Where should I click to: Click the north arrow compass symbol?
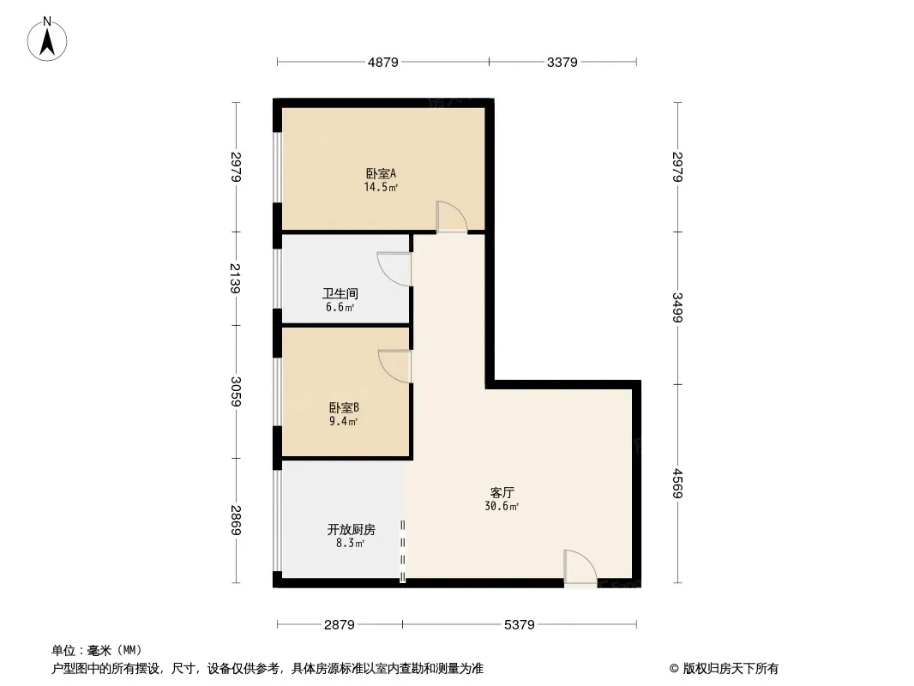point(47,39)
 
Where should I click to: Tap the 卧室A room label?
point(382,173)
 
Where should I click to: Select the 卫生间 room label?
point(340,293)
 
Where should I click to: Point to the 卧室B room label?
point(344,407)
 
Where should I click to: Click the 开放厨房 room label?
point(351,529)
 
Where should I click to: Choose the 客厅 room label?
point(502,492)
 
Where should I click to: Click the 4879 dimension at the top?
point(383,62)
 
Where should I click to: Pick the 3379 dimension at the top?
point(562,62)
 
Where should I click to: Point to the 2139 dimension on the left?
point(235,278)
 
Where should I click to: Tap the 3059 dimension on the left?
point(235,392)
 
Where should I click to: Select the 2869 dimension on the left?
point(235,520)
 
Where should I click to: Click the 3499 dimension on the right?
point(677,307)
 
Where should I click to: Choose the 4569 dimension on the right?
point(677,483)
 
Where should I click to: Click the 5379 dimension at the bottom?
point(519,625)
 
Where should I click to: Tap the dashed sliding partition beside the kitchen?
point(403,551)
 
